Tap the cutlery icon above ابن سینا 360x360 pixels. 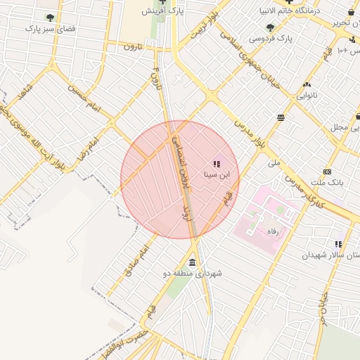(x=216, y=163)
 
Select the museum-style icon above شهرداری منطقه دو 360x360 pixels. (x=193, y=262)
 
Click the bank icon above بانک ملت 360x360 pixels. (x=327, y=172)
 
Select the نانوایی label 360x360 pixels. (x=306, y=94)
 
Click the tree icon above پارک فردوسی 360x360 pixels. (x=271, y=27)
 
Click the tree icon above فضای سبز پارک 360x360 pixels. (x=49, y=18)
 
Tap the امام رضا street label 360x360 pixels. (x=91, y=148)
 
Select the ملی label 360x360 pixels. (x=274, y=162)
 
